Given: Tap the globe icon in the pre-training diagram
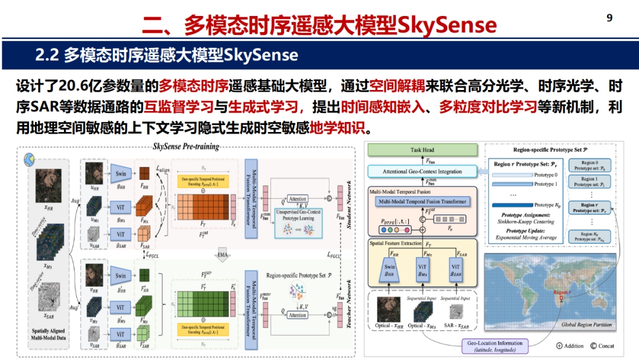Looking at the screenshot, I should click(x=27, y=160).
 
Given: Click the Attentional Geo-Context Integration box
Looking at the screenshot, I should click(x=423, y=172).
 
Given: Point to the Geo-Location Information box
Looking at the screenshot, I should click(x=495, y=346).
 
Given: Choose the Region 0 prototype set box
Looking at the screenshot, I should click(x=590, y=165).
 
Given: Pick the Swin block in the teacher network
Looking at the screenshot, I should click(x=121, y=275).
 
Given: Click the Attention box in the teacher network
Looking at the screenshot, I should click(x=298, y=315).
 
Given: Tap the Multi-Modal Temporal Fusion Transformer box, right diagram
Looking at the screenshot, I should click(x=422, y=201).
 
